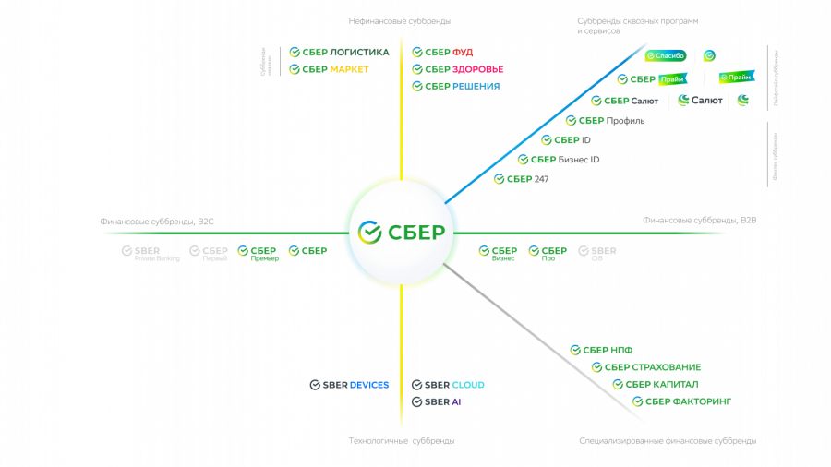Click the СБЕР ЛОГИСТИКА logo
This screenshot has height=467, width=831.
(x=339, y=53)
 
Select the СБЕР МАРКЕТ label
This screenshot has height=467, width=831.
(x=329, y=69)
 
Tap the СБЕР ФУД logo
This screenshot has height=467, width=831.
(x=442, y=53)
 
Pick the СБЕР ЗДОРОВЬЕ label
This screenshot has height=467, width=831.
(x=457, y=69)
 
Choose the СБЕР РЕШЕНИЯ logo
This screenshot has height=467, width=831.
(x=455, y=87)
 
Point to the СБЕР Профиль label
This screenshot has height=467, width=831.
(x=605, y=121)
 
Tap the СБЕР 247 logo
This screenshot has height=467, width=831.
(x=521, y=179)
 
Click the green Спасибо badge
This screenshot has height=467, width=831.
(x=666, y=56)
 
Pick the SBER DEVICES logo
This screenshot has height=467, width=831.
(x=349, y=385)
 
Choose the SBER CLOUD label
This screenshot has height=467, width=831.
(x=448, y=385)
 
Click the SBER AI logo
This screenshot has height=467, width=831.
(x=436, y=402)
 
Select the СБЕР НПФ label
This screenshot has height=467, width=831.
(x=601, y=351)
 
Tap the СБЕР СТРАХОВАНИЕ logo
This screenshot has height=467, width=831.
(x=646, y=367)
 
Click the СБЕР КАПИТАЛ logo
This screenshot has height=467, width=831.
(x=656, y=385)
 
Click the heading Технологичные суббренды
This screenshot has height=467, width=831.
(x=401, y=441)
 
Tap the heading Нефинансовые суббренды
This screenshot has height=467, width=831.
(x=399, y=21)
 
